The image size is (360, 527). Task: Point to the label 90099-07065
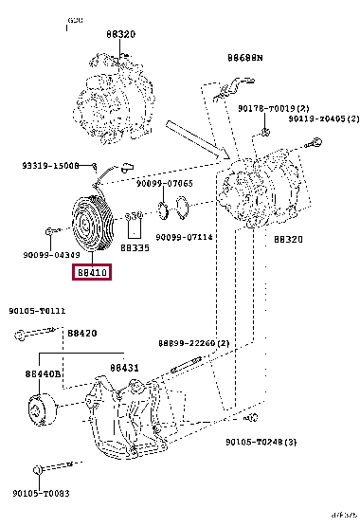click(x=164, y=183)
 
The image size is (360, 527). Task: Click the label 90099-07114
click(x=184, y=237)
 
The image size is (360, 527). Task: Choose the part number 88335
click(x=136, y=247)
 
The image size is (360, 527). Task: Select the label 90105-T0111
click(x=37, y=310)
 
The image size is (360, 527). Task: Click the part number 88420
click(x=82, y=333)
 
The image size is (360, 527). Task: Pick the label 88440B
click(x=44, y=374)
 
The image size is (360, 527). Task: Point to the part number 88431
click(x=123, y=368)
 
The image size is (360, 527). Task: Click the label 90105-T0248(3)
click(x=261, y=442)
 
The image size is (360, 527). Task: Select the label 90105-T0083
click(x=39, y=493)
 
